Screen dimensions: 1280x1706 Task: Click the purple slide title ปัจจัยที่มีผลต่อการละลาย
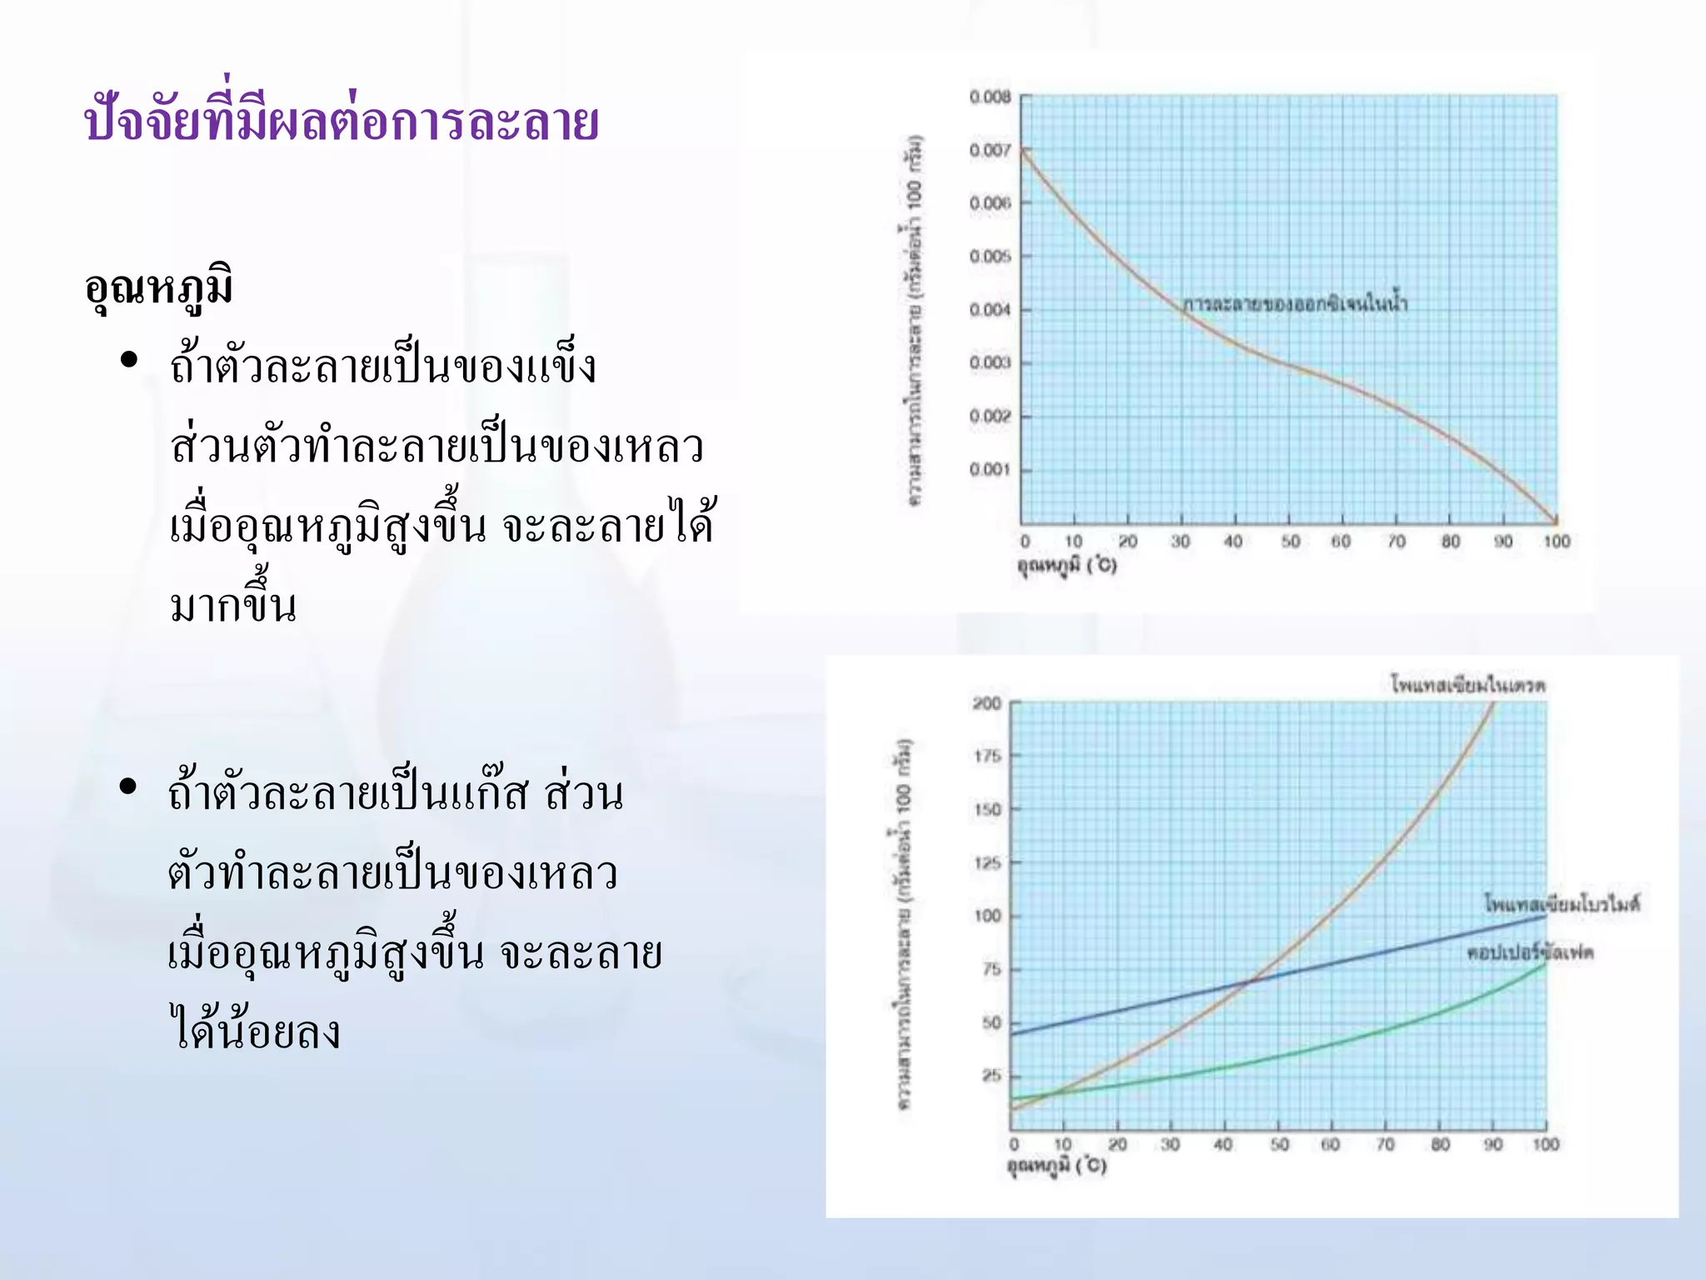[342, 122]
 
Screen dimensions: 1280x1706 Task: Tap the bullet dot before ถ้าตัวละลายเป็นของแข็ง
[128, 360]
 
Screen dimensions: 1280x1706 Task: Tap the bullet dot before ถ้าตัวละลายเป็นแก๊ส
[127, 786]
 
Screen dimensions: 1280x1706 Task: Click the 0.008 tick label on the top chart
[990, 97]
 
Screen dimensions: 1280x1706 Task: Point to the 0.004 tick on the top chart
[990, 310]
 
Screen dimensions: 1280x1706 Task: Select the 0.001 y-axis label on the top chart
[990, 470]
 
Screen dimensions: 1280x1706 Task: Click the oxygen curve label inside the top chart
[1295, 304]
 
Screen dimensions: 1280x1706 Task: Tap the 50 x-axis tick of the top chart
[1290, 542]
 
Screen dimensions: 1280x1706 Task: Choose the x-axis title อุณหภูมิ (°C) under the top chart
[1066, 566]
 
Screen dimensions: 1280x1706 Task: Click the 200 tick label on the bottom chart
[987, 703]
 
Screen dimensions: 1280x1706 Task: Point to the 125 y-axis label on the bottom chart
[987, 862]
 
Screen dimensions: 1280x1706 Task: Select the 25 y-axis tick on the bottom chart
[991, 1076]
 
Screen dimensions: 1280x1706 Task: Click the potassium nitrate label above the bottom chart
[1468, 686]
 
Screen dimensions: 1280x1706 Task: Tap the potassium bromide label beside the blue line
[1562, 903]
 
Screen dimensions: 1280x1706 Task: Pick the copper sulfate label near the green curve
[1530, 952]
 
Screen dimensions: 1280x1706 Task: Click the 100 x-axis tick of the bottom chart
[1545, 1145]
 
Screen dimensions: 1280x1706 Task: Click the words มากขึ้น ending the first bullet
[233, 607]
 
